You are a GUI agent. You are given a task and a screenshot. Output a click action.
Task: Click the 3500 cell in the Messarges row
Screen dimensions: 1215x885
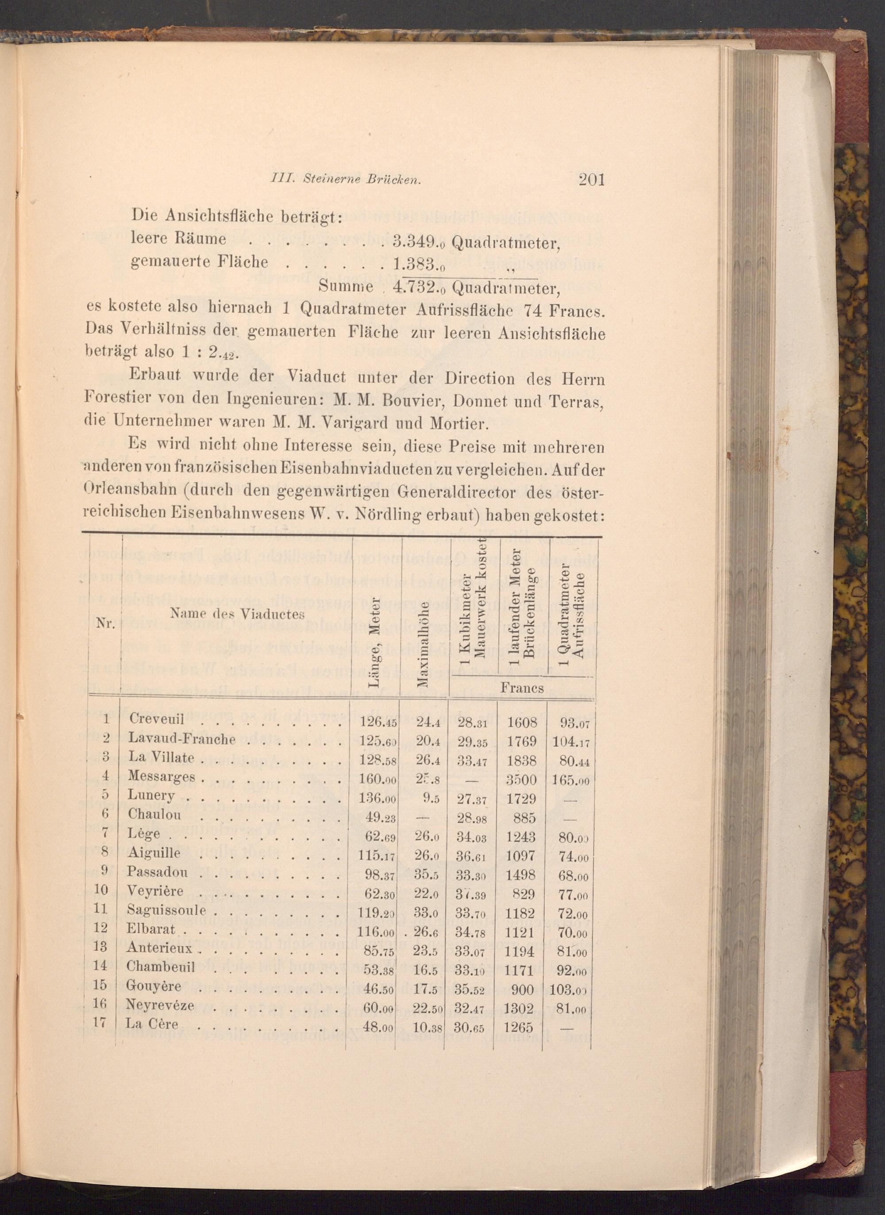tap(521, 778)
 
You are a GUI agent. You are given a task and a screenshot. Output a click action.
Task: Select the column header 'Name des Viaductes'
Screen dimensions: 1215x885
tap(237, 614)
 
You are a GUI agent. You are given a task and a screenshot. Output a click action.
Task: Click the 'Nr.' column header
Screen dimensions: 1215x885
tap(105, 624)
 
